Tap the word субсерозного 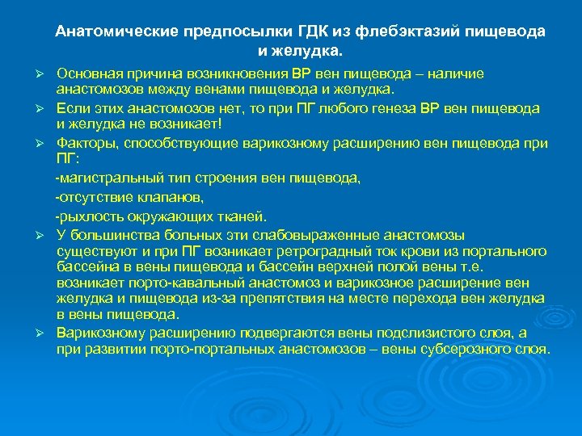[x=449, y=350]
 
